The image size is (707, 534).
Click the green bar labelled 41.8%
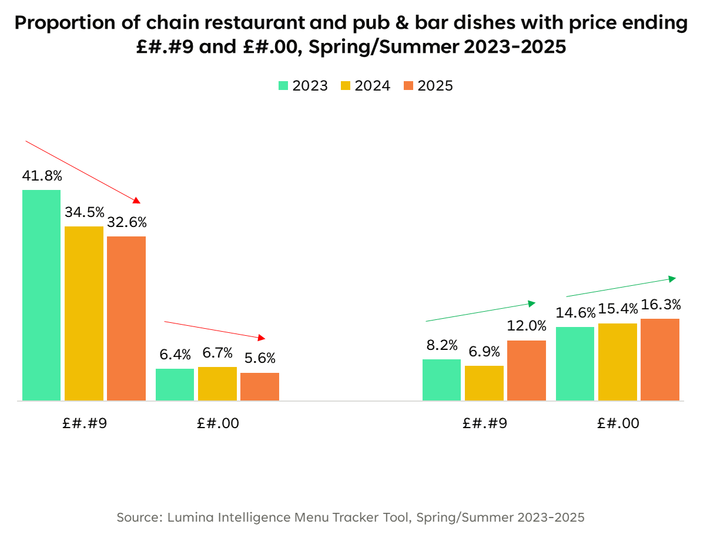pyautogui.click(x=42, y=295)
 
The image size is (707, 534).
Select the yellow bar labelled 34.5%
pyautogui.click(x=84, y=313)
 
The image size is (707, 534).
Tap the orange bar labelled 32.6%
pyautogui.click(x=126, y=318)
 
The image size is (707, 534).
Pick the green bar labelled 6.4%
pyautogui.click(x=175, y=385)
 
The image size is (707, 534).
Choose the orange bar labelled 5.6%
pyautogui.click(x=260, y=386)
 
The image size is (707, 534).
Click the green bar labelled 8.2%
pyautogui.click(x=442, y=380)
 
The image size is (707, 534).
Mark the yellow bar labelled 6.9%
pyautogui.click(x=484, y=383)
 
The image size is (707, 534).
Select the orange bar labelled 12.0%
pyautogui.click(x=527, y=371)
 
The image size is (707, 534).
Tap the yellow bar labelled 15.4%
pyautogui.click(x=618, y=362)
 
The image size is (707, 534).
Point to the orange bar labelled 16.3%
pyautogui.click(x=660, y=359)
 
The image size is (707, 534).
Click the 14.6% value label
pyautogui.click(x=575, y=312)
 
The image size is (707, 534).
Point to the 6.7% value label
pyautogui.click(x=217, y=353)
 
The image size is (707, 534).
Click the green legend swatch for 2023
pyautogui.click(x=284, y=86)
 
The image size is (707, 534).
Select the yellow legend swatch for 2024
pyautogui.click(x=346, y=86)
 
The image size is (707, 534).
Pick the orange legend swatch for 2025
pyautogui.click(x=409, y=86)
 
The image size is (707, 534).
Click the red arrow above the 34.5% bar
pyautogui.click(x=83, y=172)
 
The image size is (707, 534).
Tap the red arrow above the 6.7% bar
pyautogui.click(x=215, y=330)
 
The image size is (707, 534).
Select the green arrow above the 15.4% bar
pyautogui.click(x=621, y=287)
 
